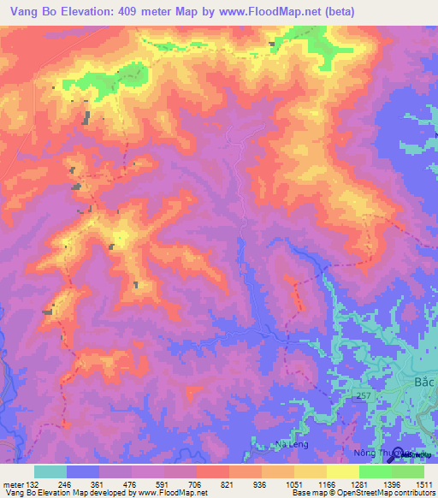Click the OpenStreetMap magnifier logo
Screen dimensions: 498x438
click(401, 456)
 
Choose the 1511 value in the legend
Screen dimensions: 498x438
click(425, 484)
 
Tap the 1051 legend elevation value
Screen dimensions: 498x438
click(294, 484)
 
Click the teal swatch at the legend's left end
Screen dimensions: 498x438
click(50, 471)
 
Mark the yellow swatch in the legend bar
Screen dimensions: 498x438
click(342, 471)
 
